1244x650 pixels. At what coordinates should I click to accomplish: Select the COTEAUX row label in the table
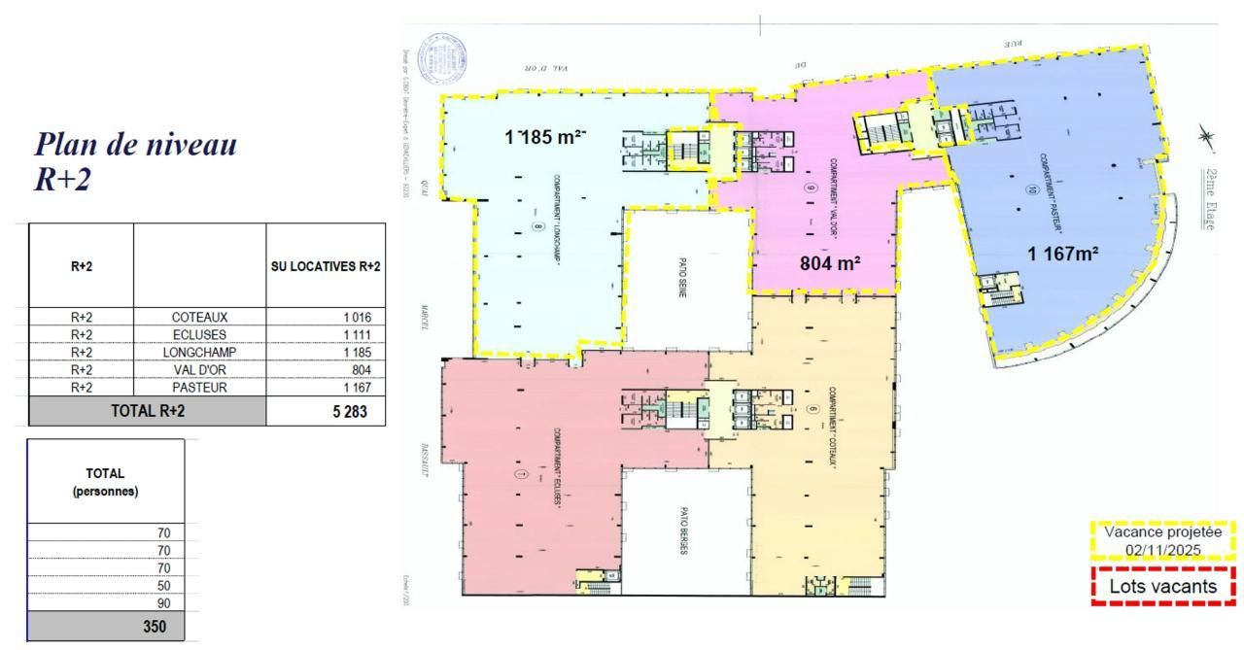pos(199,317)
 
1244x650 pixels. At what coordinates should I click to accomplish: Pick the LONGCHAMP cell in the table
pos(199,352)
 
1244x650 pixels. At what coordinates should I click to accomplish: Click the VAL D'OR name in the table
pos(199,369)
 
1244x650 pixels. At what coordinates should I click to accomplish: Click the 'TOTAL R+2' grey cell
pos(147,411)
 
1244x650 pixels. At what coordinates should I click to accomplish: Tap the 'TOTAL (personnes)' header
pos(105,482)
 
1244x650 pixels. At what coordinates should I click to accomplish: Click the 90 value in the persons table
pos(163,602)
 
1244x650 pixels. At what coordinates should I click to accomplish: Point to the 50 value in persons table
pos(163,585)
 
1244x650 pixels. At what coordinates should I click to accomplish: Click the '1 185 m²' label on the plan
pos(545,138)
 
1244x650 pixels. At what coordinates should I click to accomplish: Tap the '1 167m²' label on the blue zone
pos(1063,255)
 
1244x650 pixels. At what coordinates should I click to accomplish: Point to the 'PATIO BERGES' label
pos(684,531)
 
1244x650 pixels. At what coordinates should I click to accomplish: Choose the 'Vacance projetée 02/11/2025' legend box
pos(1163,541)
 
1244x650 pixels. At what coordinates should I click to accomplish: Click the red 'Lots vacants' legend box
pos(1163,587)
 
